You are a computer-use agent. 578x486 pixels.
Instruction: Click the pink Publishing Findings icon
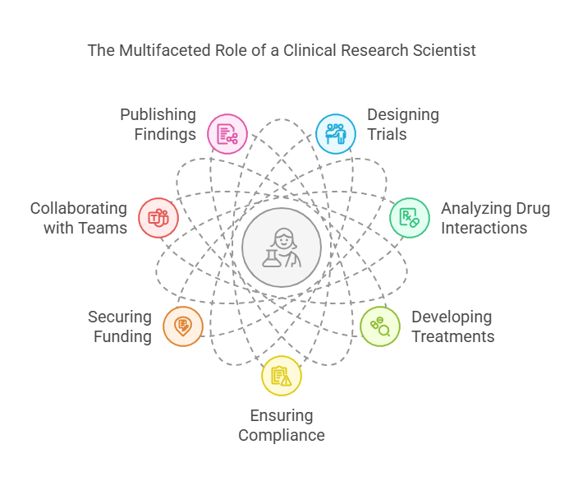point(227,134)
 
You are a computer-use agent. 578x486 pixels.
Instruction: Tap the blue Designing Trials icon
point(336,134)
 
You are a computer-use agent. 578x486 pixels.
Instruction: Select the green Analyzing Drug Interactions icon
point(409,218)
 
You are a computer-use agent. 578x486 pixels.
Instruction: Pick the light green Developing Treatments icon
point(380,326)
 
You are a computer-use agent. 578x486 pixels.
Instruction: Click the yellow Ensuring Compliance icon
point(282,376)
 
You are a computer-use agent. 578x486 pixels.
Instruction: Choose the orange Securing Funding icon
point(183,326)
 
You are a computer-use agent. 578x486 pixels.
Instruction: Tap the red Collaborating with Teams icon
point(158,218)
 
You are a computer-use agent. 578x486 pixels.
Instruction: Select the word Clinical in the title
point(317,50)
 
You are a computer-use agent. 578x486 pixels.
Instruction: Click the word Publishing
point(158,115)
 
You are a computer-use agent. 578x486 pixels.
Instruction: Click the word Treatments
point(452,336)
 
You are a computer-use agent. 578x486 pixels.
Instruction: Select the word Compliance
point(282,435)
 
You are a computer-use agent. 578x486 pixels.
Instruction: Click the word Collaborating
point(79,208)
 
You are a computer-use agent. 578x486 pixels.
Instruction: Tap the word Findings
point(164,134)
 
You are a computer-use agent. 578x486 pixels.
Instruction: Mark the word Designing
point(402,115)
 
